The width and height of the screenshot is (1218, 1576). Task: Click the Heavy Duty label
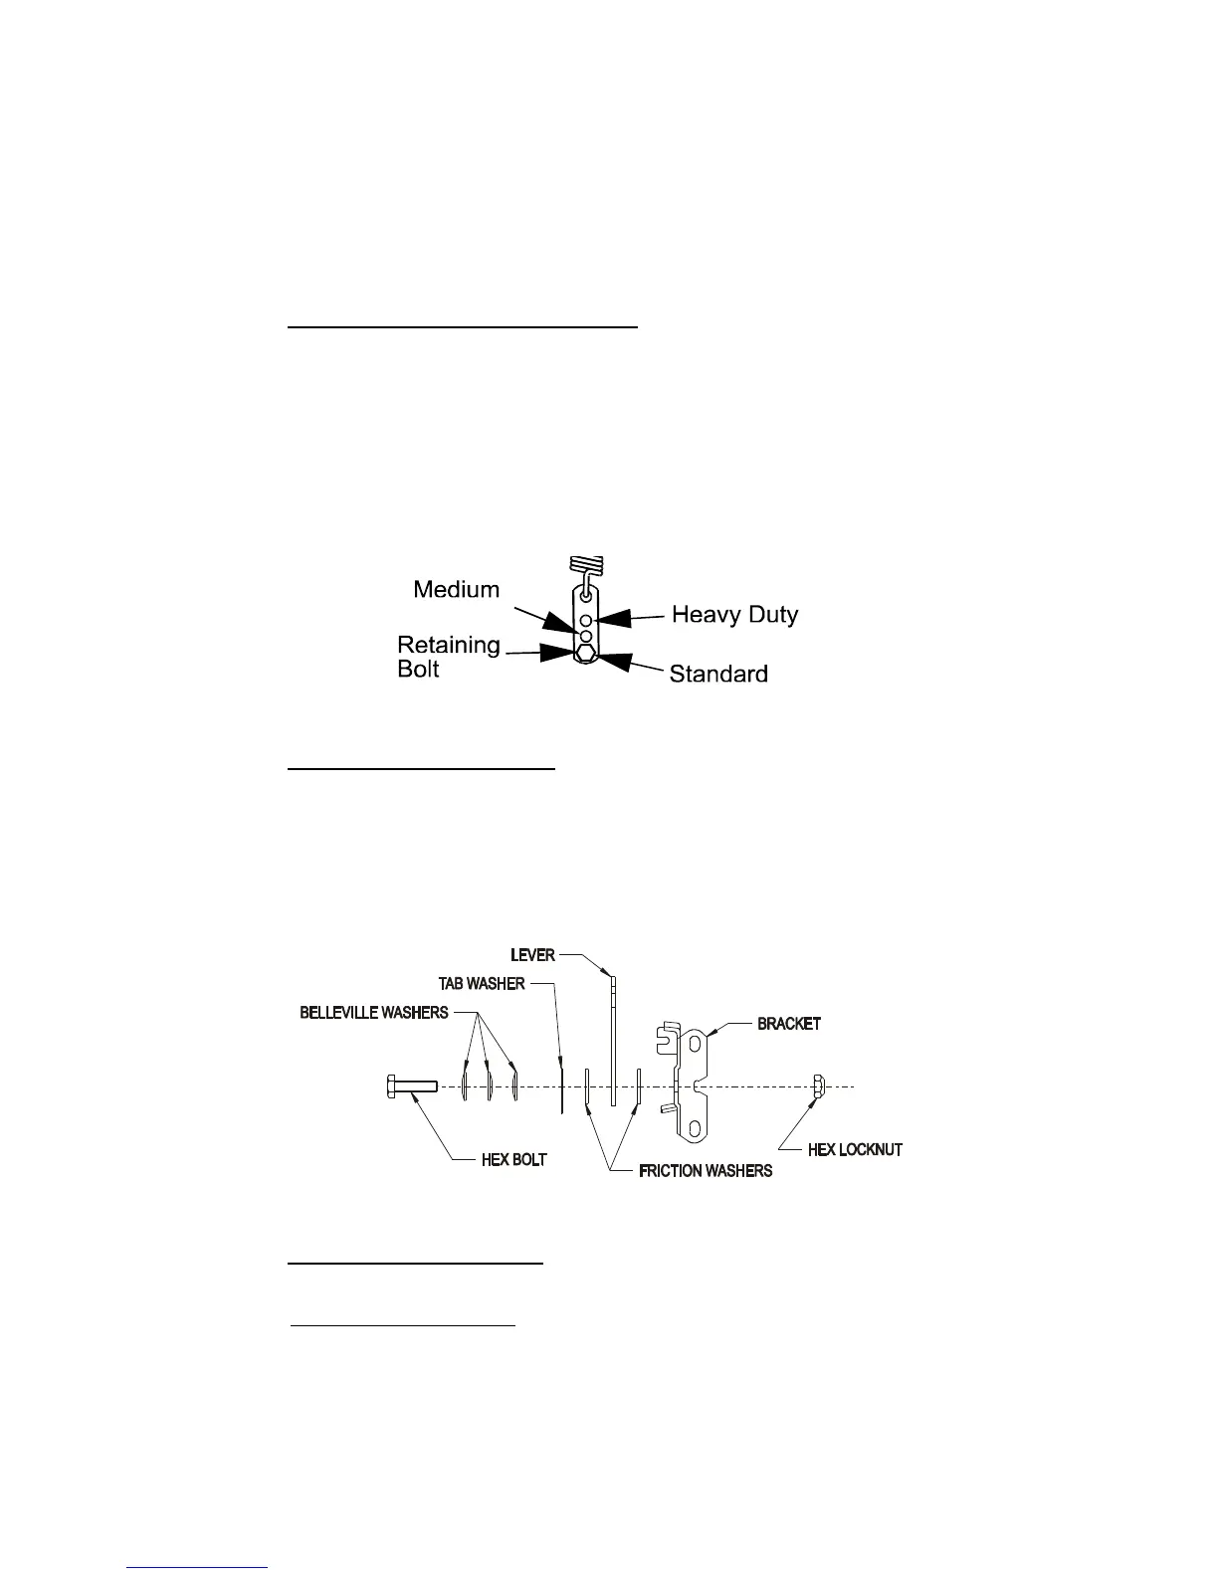point(734,615)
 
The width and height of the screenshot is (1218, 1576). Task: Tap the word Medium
point(457,591)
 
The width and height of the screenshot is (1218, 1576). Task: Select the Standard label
point(718,675)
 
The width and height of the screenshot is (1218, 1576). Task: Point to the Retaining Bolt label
point(448,657)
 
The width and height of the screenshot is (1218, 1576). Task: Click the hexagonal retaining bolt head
point(586,654)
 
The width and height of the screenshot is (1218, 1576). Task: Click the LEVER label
point(533,955)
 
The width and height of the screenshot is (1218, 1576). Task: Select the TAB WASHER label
point(482,984)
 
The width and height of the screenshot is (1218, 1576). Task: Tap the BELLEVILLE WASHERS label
point(373,1013)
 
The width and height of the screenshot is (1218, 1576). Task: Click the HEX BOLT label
point(513,1159)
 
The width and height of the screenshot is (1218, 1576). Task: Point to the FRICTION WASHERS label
point(706,1171)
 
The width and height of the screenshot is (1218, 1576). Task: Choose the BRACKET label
point(789,1024)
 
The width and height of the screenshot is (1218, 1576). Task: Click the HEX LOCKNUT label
point(855,1149)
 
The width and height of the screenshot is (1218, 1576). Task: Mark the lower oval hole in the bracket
point(695,1127)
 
